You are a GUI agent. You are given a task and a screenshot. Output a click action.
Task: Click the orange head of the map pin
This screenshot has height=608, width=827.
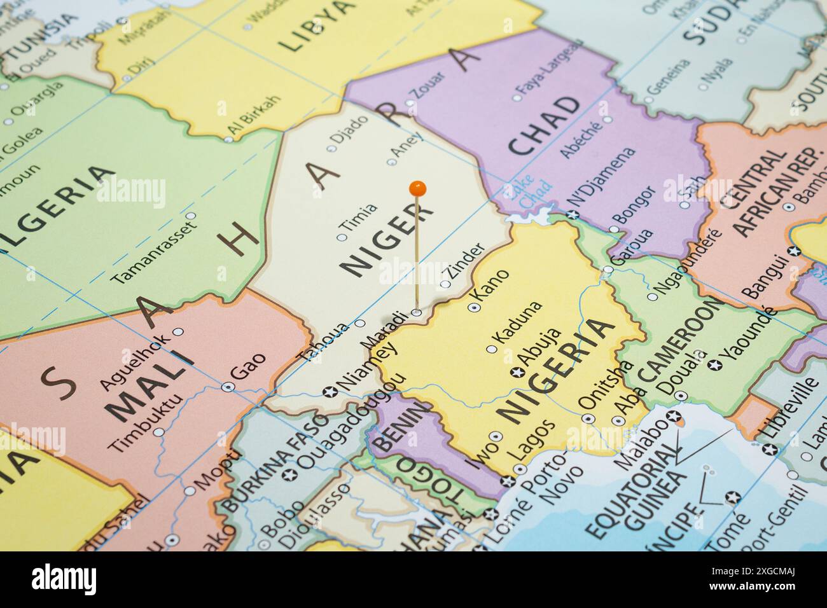[417, 188]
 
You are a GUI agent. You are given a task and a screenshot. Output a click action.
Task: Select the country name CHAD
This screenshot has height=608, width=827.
[545, 126]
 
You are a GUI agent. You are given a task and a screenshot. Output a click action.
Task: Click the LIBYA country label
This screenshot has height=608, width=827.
[316, 25]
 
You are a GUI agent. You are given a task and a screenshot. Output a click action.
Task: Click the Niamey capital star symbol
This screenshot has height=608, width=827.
[329, 391]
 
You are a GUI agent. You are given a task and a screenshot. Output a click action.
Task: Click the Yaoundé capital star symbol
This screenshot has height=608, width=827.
[714, 365]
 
